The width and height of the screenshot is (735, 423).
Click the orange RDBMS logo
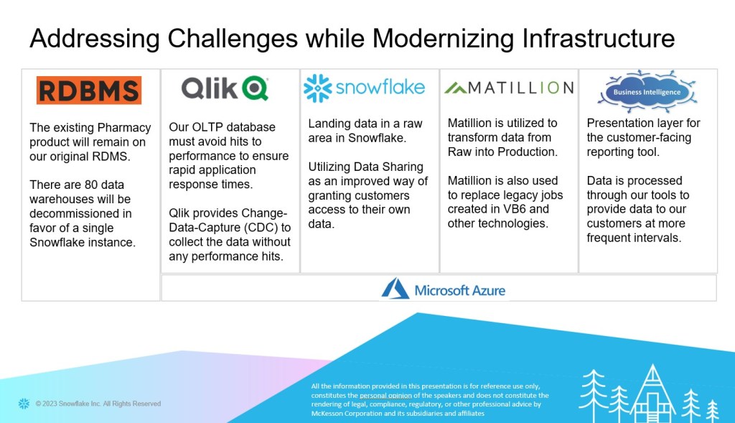click(89, 90)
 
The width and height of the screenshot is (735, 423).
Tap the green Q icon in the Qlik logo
click(256, 88)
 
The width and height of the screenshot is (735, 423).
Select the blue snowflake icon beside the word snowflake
click(317, 88)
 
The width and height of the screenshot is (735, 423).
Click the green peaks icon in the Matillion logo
click(455, 88)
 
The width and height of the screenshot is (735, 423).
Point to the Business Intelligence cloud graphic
click(647, 92)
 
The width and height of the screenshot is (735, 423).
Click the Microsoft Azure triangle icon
click(395, 289)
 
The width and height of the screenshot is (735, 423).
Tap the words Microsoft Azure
click(460, 291)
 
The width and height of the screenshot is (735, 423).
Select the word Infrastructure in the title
click(599, 38)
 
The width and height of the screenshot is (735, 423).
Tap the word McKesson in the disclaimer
click(329, 413)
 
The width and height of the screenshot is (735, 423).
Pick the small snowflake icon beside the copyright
click(24, 404)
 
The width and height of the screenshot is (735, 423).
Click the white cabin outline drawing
click(652, 394)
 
